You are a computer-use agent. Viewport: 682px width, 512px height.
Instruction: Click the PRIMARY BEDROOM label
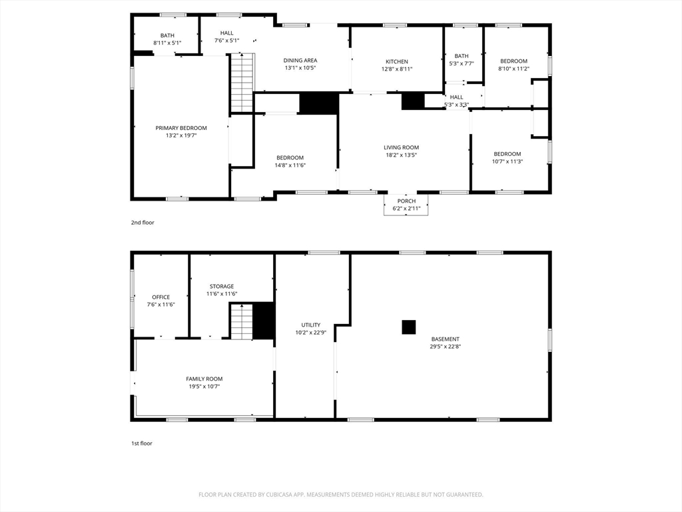point(181,128)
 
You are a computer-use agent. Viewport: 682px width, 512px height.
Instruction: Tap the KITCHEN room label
point(397,62)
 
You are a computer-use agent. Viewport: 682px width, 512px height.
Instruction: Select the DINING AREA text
point(300,61)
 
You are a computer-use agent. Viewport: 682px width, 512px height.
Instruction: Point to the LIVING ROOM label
point(401,147)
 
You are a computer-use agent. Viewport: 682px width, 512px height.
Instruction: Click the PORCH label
point(406,201)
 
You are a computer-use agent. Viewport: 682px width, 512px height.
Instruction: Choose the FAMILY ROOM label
point(204,379)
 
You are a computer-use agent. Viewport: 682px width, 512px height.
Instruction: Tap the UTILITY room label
point(310,325)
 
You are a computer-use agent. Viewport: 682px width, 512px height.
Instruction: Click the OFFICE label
point(161,297)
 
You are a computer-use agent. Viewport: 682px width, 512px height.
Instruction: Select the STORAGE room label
point(222,287)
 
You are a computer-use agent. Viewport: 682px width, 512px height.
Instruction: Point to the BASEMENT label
point(445,339)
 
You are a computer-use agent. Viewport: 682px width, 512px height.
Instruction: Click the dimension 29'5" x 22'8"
point(445,347)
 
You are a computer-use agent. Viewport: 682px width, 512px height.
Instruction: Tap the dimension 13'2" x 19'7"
point(181,135)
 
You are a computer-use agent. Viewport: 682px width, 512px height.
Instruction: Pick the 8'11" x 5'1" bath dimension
point(167,43)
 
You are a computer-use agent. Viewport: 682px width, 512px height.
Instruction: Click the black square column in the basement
point(408,327)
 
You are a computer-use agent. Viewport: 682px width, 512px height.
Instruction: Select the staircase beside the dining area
point(241,83)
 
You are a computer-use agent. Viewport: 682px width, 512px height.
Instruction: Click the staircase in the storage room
point(241,321)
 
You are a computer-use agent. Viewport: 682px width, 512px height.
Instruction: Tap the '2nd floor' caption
point(143,223)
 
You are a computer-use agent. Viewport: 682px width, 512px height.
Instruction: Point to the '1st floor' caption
point(142,443)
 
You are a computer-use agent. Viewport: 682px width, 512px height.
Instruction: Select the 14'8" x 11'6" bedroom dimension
point(290,165)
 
